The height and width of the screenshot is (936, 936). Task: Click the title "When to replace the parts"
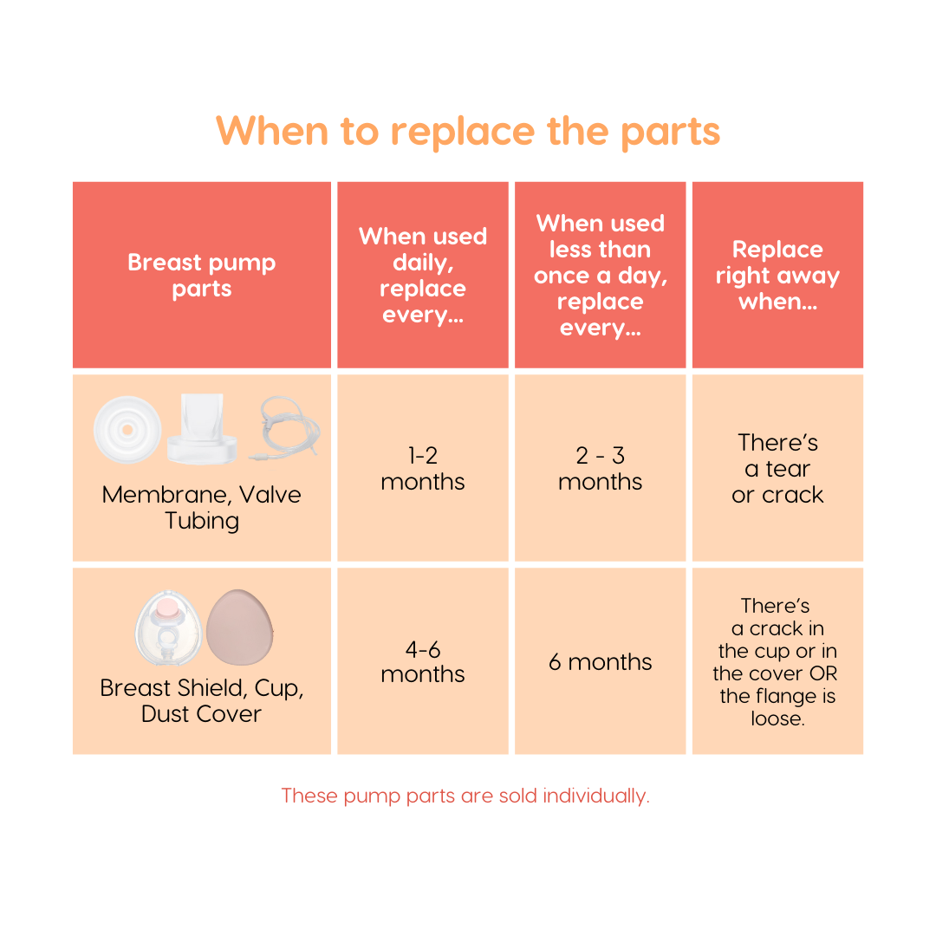click(468, 131)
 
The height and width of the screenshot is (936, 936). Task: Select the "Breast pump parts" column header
click(201, 276)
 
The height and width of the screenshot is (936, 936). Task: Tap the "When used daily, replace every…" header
click(423, 276)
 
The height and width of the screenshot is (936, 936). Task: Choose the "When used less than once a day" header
click(600, 276)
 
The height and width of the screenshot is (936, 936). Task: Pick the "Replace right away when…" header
click(777, 276)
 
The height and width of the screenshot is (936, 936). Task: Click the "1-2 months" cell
click(423, 469)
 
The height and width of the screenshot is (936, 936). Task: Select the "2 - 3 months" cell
click(600, 469)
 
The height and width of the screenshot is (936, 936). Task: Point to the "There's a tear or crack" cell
click(777, 469)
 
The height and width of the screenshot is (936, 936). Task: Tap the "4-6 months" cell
click(423, 661)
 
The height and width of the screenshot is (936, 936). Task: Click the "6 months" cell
click(600, 662)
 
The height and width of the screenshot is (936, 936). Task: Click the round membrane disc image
click(127, 429)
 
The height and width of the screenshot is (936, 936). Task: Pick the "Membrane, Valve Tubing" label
click(201, 508)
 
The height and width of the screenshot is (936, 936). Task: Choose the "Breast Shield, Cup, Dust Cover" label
click(201, 701)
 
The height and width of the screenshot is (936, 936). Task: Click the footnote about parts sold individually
click(465, 796)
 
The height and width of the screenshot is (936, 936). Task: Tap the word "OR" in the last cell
click(823, 674)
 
